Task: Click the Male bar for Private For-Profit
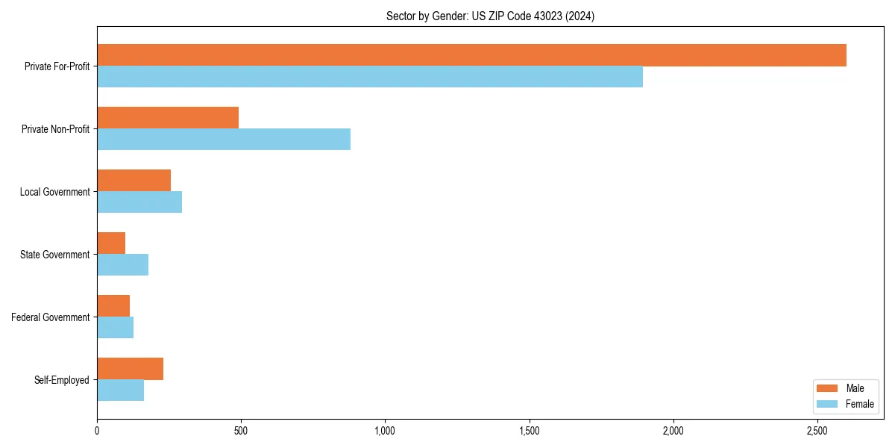click(471, 55)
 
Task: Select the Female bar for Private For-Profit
click(370, 77)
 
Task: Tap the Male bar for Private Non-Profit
click(168, 118)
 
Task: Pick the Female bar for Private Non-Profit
click(224, 140)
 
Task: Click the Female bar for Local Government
click(139, 202)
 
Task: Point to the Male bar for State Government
click(111, 243)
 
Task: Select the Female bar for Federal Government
click(115, 328)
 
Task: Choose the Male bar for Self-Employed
click(130, 369)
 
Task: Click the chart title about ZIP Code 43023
click(490, 16)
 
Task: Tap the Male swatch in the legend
click(828, 388)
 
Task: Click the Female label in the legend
click(859, 404)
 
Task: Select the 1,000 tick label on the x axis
click(385, 431)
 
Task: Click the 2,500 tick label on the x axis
click(817, 431)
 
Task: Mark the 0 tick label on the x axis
click(97, 431)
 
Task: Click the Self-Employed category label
click(62, 380)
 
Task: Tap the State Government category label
click(55, 255)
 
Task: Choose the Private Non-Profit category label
click(55, 129)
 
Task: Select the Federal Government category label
click(51, 317)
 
